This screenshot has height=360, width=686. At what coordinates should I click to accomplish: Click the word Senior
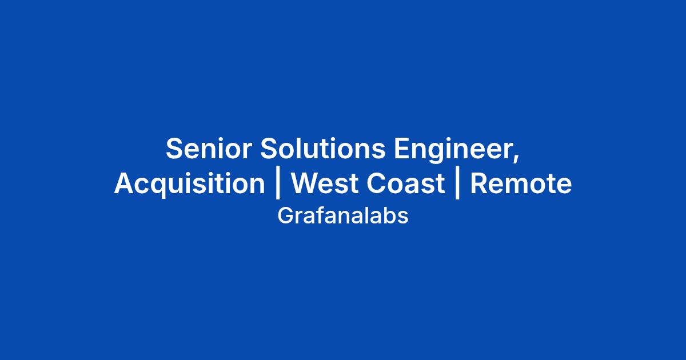coord(209,149)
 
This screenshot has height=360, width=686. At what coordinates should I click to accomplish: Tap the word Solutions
coord(323,149)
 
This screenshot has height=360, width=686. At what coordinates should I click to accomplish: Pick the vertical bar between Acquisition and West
coord(278,183)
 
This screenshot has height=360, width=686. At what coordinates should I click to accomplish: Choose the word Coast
coord(406,183)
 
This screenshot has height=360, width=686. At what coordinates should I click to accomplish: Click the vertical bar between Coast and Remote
coord(457,183)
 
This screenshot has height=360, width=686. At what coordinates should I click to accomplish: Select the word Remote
coord(521,183)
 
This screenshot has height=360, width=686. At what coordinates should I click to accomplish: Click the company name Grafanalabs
coord(343,216)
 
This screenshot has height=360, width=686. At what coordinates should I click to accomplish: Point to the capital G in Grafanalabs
coord(285,216)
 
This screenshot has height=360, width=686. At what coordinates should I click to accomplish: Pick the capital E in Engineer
coord(402,148)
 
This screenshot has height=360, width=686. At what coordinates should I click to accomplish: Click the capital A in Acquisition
coord(125,183)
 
